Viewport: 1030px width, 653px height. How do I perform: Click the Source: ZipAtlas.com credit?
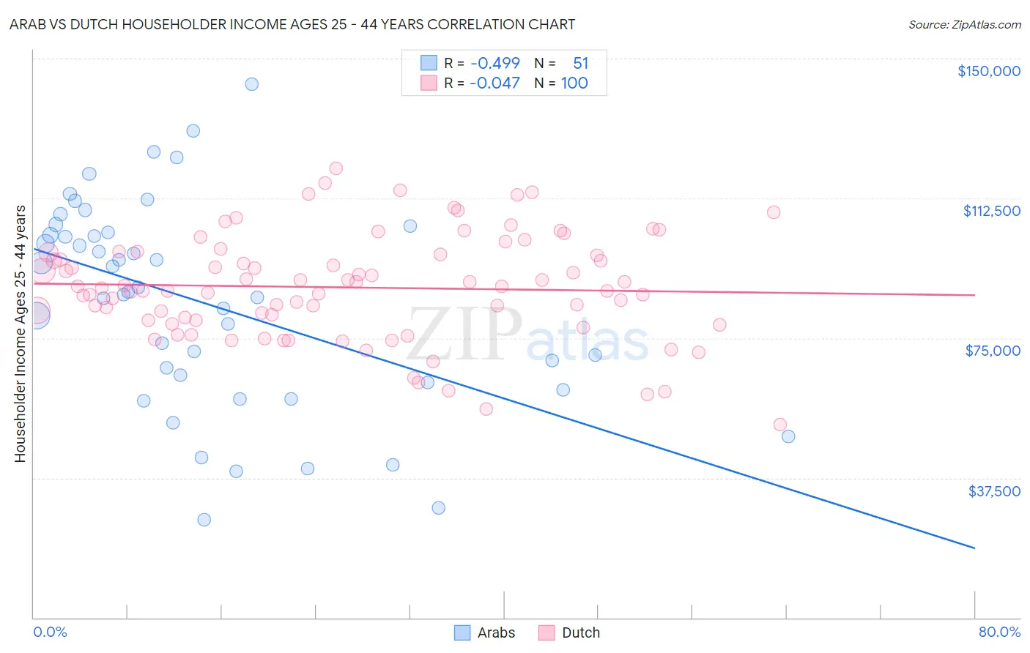pyautogui.click(x=964, y=24)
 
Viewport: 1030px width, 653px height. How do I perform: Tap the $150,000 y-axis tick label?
pyautogui.click(x=988, y=71)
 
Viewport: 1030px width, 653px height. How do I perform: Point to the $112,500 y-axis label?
pyautogui.click(x=991, y=211)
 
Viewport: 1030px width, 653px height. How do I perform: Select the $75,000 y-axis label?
pyautogui.click(x=992, y=351)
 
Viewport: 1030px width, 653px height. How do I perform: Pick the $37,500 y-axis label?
pyautogui.click(x=993, y=491)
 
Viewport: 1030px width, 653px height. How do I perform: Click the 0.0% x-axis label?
pyautogui.click(x=50, y=632)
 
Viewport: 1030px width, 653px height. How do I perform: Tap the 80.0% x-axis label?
pyautogui.click(x=999, y=632)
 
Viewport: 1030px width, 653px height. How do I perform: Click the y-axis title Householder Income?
pyautogui.click(x=21, y=334)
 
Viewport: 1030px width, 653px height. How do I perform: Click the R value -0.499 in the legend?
pyautogui.click(x=495, y=63)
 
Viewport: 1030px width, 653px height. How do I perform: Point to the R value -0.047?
pyautogui.click(x=495, y=83)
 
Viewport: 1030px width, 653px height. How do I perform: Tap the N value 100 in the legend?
pyautogui.click(x=574, y=83)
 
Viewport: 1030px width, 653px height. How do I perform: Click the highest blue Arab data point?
pyautogui.click(x=251, y=84)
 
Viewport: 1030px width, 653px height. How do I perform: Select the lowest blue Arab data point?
pyautogui.click(x=204, y=520)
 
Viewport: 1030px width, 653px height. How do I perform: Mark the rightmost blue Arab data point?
pyautogui.click(x=788, y=436)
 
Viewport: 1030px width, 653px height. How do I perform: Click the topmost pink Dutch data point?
pyautogui.click(x=336, y=168)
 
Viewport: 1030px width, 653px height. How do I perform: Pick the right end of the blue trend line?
pyautogui.click(x=974, y=548)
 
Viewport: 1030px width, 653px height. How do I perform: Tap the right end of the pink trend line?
pyautogui.click(x=974, y=295)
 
